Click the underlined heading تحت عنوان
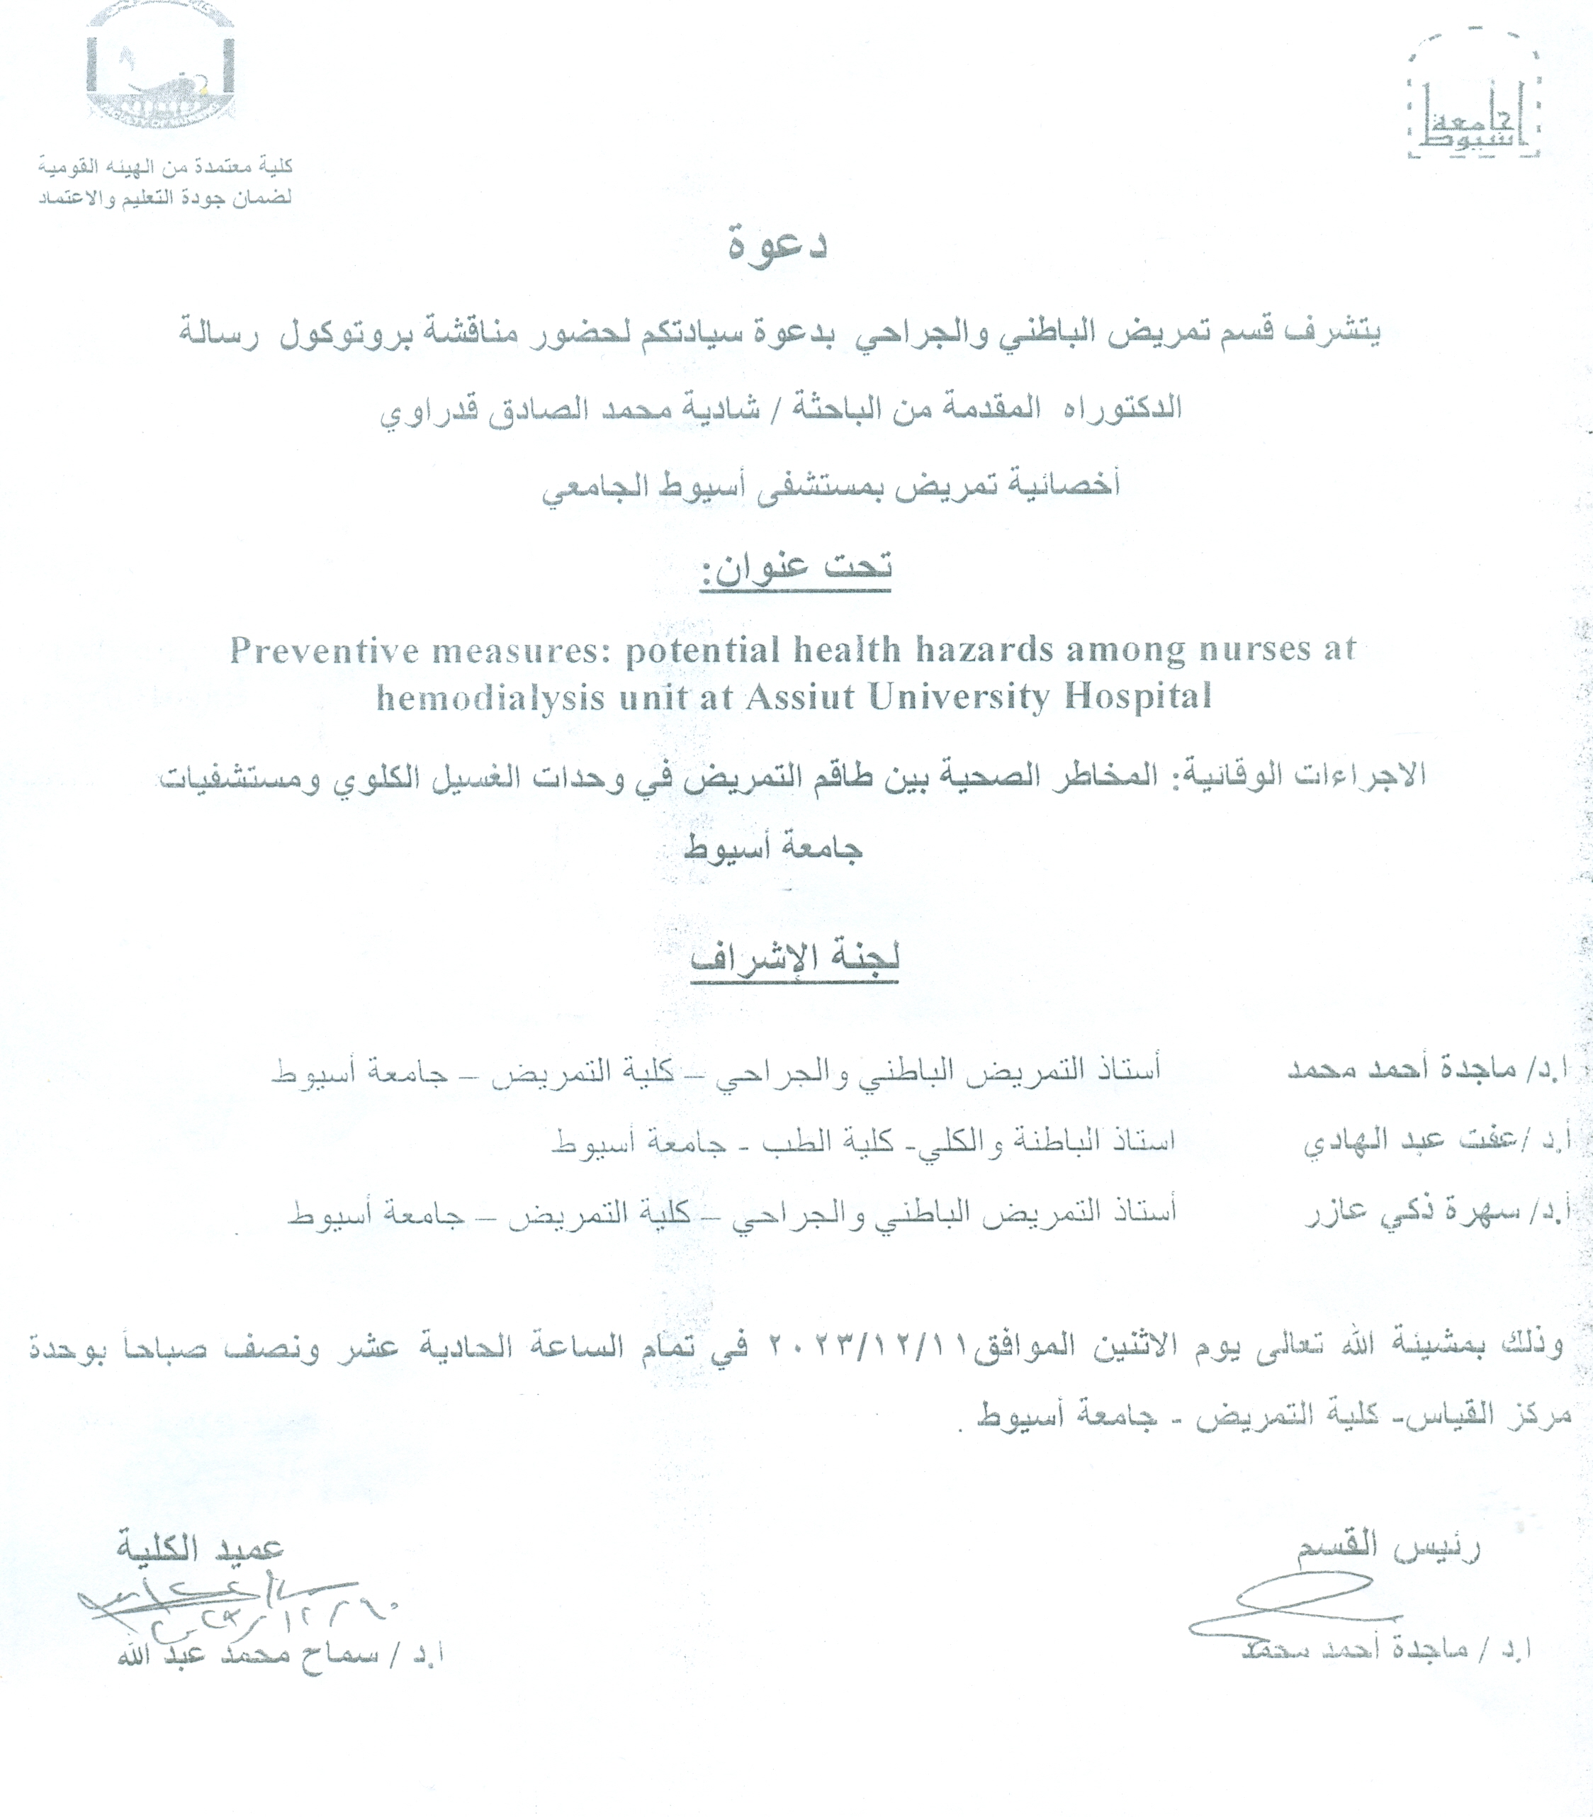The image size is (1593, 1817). click(796, 568)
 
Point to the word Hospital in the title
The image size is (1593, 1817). click(1138, 696)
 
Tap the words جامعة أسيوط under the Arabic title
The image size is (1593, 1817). click(772, 847)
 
